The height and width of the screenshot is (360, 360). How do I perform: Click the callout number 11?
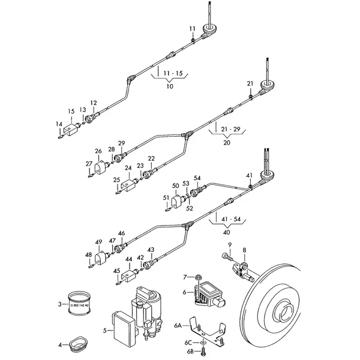click(x=193, y=29)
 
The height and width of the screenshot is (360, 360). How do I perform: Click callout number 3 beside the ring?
click(x=60, y=304)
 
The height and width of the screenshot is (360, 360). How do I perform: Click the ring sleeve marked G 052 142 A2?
click(x=79, y=302)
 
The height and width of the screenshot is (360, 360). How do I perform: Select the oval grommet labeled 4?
click(x=78, y=344)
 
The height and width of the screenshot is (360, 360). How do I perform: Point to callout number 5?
click(x=104, y=329)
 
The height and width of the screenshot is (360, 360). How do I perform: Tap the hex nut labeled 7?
click(x=196, y=277)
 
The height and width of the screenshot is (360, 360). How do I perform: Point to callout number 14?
click(x=59, y=125)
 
